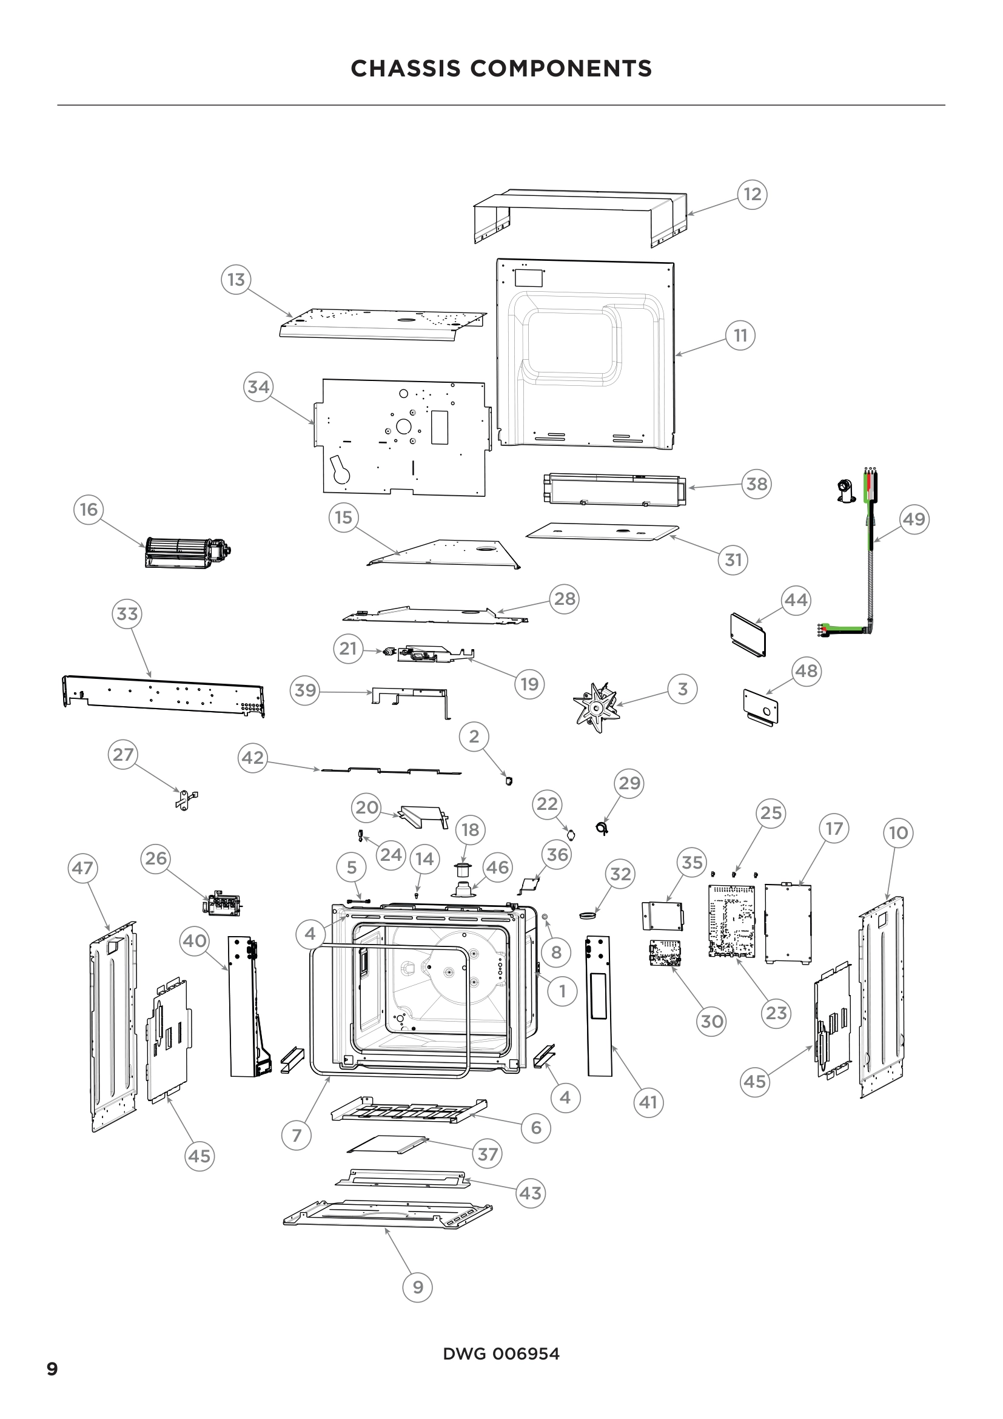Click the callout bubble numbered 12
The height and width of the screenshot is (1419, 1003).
(751, 195)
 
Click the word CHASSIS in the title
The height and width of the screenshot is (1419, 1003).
(406, 69)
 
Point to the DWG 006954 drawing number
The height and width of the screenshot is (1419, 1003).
(501, 1353)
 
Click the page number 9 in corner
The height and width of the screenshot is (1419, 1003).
(53, 1369)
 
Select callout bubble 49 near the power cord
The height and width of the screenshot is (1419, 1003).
(914, 519)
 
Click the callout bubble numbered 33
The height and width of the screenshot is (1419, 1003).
(127, 614)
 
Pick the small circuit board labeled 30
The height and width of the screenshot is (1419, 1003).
(665, 953)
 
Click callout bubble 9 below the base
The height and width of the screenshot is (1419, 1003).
(417, 1287)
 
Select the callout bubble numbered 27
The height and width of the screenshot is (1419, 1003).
(123, 755)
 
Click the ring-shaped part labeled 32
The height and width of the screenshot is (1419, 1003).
(589, 914)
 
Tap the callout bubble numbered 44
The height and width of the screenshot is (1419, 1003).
(796, 600)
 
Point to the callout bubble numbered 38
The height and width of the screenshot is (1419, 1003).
(757, 484)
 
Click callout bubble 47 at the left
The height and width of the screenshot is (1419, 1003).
(82, 868)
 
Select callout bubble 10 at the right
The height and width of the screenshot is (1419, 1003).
(898, 833)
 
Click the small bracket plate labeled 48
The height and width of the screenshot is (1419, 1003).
(760, 706)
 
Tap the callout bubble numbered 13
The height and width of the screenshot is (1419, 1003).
(236, 279)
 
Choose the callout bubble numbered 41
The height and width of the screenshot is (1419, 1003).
(648, 1102)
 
